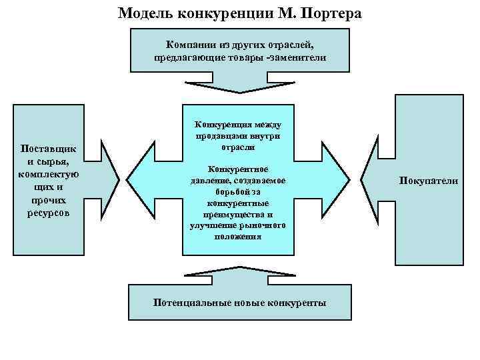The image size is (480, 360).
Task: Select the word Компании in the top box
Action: click(189, 45)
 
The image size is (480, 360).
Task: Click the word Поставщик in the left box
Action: click(49, 148)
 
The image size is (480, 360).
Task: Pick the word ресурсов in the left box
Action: click(49, 213)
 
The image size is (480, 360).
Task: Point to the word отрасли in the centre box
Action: click(238, 147)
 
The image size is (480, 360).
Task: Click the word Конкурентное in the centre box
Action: click(238, 169)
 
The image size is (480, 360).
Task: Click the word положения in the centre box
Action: click(238, 237)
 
